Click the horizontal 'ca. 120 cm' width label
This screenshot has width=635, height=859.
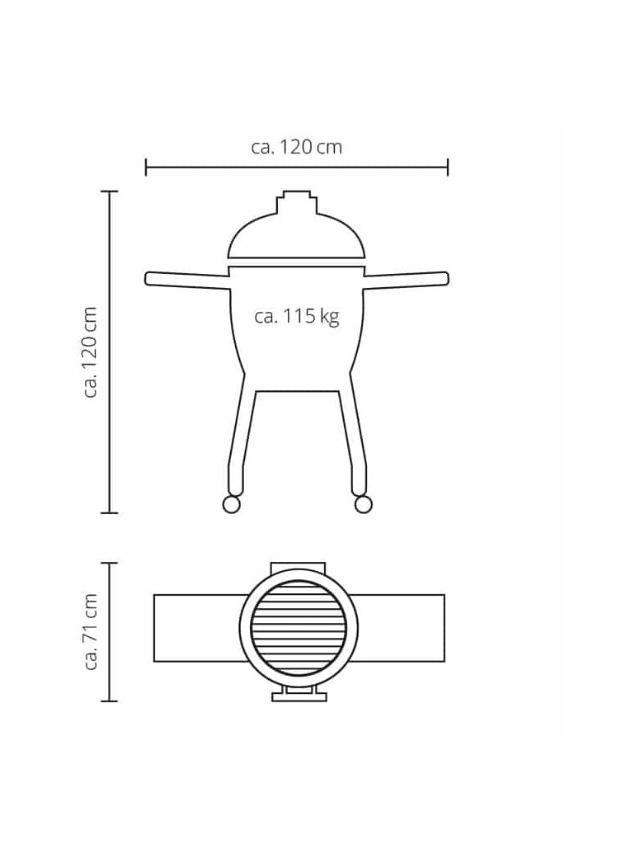[x=297, y=147]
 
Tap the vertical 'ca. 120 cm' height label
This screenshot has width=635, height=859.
[x=90, y=352]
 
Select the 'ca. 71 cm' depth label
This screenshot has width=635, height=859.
[x=90, y=631]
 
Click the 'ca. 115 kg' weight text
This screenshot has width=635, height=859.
[x=297, y=317]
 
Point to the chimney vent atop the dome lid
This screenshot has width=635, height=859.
[x=297, y=201]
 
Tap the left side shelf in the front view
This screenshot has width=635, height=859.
[x=187, y=280]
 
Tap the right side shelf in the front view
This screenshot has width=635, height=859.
[x=407, y=280]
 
